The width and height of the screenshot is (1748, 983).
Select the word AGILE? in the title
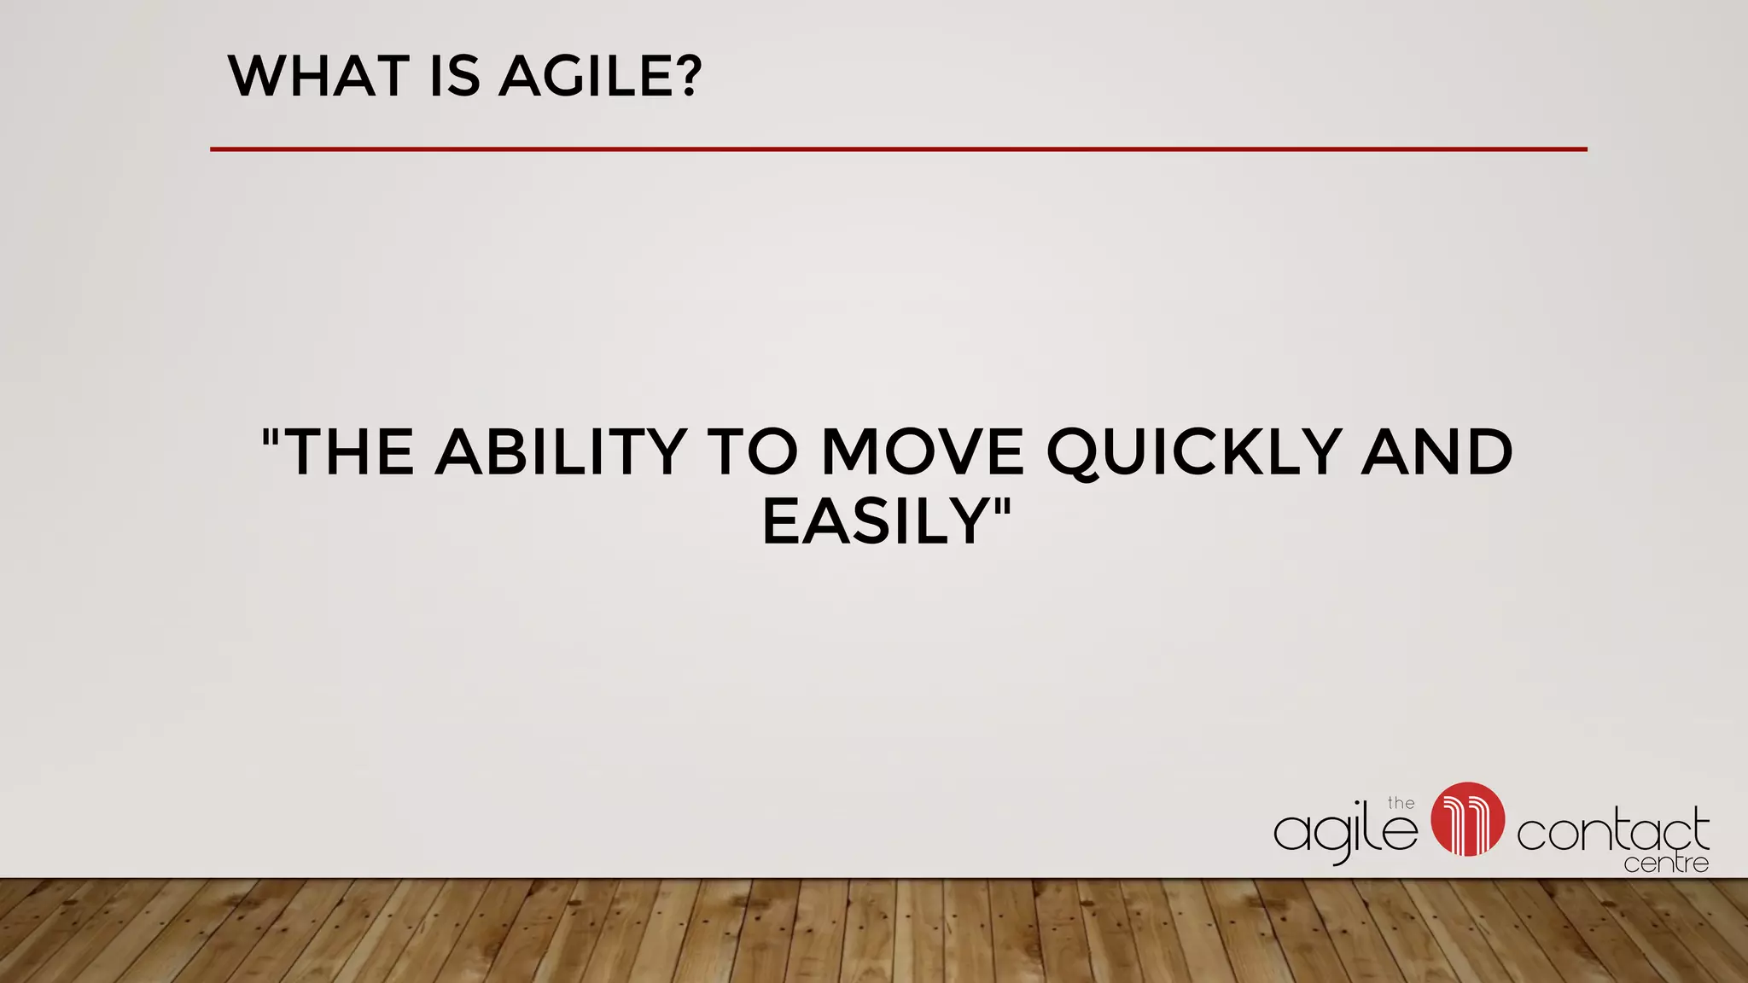click(x=600, y=76)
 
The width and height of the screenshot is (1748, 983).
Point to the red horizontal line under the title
click(x=898, y=149)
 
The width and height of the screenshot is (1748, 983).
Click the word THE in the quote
click(x=348, y=451)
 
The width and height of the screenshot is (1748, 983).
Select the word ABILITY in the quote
click(x=561, y=451)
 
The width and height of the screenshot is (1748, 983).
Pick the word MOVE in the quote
click(x=922, y=451)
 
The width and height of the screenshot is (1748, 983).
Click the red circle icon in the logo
click(x=1467, y=819)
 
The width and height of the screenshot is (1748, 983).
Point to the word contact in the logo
click(x=1612, y=832)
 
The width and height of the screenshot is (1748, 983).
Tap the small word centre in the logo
click(x=1666, y=864)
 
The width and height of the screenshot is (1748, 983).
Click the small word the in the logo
click(x=1401, y=803)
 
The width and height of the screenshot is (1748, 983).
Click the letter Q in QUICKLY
click(x=1075, y=453)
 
